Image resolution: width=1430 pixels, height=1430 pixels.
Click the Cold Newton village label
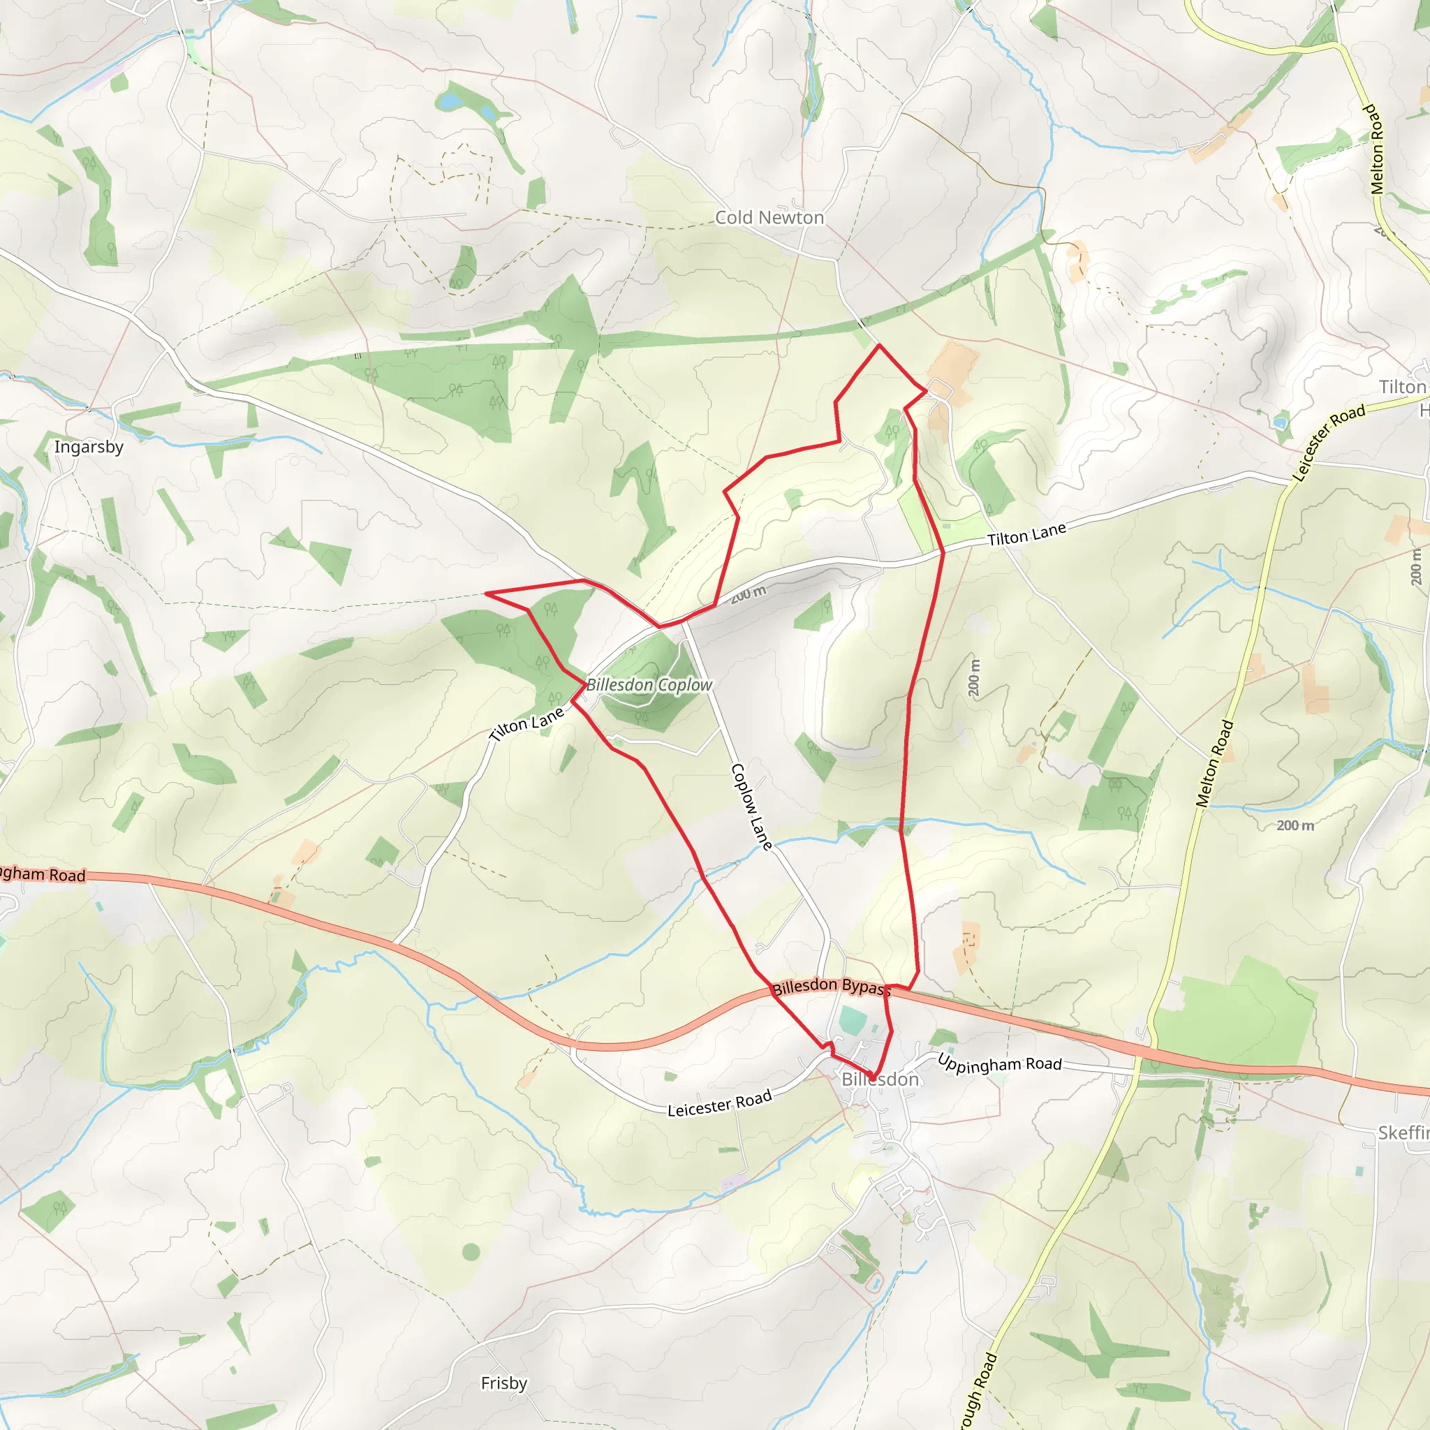pos(769,218)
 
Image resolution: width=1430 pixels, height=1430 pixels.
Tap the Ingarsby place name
pos(89,447)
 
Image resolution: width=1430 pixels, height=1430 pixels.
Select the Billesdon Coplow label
pos(649,686)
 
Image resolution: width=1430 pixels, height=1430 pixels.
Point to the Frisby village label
pos(504,1383)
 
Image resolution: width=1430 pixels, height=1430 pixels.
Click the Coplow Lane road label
pos(752,806)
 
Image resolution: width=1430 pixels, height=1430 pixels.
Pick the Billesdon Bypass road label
pos(831,987)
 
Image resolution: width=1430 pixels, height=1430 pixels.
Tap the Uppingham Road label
pos(999,1063)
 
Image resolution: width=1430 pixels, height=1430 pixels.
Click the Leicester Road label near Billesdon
pos(719,1104)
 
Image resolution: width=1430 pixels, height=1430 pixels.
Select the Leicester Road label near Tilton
pos(1329,443)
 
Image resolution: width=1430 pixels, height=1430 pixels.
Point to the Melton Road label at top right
pos(1376,149)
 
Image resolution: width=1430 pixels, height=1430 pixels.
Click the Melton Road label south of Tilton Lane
pos(1215,763)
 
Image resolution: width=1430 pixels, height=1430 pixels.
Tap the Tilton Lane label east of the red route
pos(1026,534)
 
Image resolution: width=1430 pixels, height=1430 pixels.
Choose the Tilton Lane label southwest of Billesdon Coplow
pos(527,724)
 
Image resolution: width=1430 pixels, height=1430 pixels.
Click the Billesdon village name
pos(880,1080)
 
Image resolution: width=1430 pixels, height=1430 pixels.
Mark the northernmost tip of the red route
pos(879,345)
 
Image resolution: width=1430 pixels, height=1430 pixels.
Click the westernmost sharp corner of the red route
pos(486,593)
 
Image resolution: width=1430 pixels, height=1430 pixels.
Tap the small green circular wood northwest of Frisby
pos(471,1253)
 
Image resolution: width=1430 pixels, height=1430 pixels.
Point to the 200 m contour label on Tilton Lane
pos(749,594)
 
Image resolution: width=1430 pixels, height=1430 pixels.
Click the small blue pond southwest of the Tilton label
pos(1281,422)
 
